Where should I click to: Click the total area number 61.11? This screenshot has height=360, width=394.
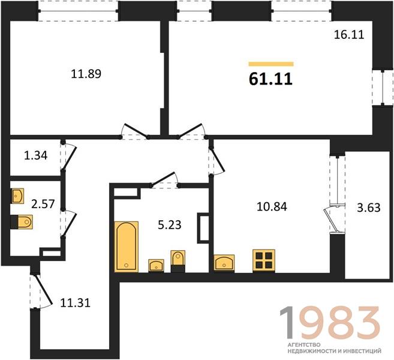[270, 79]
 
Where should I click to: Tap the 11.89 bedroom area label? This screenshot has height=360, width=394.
[86, 74]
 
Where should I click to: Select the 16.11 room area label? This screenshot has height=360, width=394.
[349, 34]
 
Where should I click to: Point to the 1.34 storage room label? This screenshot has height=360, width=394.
[35, 155]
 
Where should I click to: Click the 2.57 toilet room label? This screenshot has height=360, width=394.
[43, 203]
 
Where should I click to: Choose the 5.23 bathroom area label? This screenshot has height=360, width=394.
[170, 225]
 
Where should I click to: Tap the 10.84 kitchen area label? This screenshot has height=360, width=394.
[272, 206]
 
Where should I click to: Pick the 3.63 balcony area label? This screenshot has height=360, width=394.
[369, 208]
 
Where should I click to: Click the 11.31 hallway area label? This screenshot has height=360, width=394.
[76, 302]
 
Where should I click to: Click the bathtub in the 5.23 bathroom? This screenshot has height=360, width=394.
[127, 247]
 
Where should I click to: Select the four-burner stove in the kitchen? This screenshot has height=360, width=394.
[264, 260]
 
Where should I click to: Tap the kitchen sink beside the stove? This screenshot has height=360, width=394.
[224, 263]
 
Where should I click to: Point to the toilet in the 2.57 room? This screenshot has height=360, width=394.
[22, 222]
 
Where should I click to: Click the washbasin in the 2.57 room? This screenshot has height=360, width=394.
[17, 196]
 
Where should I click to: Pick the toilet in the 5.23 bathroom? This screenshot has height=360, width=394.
[178, 261]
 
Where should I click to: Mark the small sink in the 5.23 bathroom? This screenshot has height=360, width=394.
[157, 265]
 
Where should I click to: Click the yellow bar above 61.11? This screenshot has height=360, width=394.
[271, 64]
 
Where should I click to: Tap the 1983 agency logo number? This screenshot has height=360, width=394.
[330, 323]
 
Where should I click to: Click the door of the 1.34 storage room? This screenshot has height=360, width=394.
[68, 157]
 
